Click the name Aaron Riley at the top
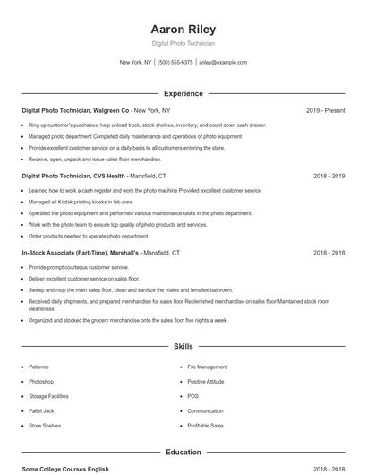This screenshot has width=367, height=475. [183, 29]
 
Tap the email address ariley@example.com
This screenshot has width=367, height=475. [223, 63]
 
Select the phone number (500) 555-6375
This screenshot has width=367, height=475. [175, 63]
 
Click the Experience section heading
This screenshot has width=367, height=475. [183, 93]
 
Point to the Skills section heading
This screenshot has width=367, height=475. [183, 345]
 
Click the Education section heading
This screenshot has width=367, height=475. [183, 453]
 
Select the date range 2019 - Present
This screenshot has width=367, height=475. [325, 110]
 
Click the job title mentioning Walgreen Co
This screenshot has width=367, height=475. [76, 110]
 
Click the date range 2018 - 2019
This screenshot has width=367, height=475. [329, 177]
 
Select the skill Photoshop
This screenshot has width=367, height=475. [41, 382]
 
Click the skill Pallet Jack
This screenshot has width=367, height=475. [41, 410]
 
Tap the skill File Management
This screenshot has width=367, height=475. [207, 367]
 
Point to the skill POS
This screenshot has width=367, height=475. [193, 396]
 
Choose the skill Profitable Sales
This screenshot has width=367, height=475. [205, 426]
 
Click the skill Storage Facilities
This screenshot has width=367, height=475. [48, 396]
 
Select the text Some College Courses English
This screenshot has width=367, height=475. [65, 469]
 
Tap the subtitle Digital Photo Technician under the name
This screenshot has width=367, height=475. [183, 43]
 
